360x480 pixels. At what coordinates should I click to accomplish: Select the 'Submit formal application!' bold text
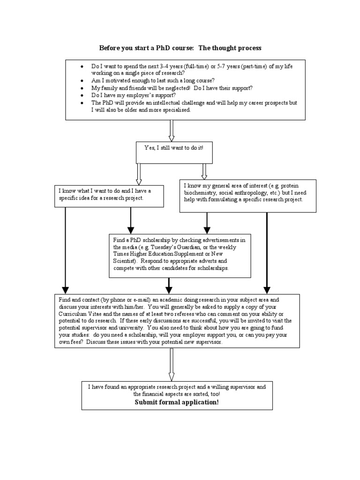tap(177, 402)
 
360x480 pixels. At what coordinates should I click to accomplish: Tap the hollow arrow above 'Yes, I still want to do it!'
tap(172, 130)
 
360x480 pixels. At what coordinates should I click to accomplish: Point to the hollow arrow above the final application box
tap(172, 364)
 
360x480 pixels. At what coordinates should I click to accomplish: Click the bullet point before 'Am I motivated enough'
tap(82, 81)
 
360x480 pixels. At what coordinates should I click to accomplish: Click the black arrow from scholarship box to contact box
tap(169, 285)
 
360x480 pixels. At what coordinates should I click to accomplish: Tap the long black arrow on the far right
tap(267, 253)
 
